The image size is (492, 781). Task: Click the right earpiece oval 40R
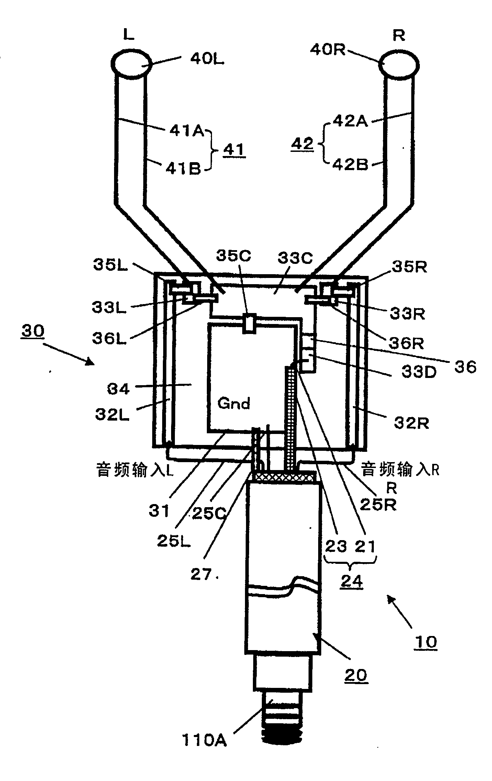(x=399, y=64)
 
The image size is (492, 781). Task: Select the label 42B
(x=349, y=165)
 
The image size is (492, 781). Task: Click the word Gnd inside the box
(x=234, y=403)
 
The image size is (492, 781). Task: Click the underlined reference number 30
(x=33, y=331)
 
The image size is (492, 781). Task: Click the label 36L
(x=109, y=339)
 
